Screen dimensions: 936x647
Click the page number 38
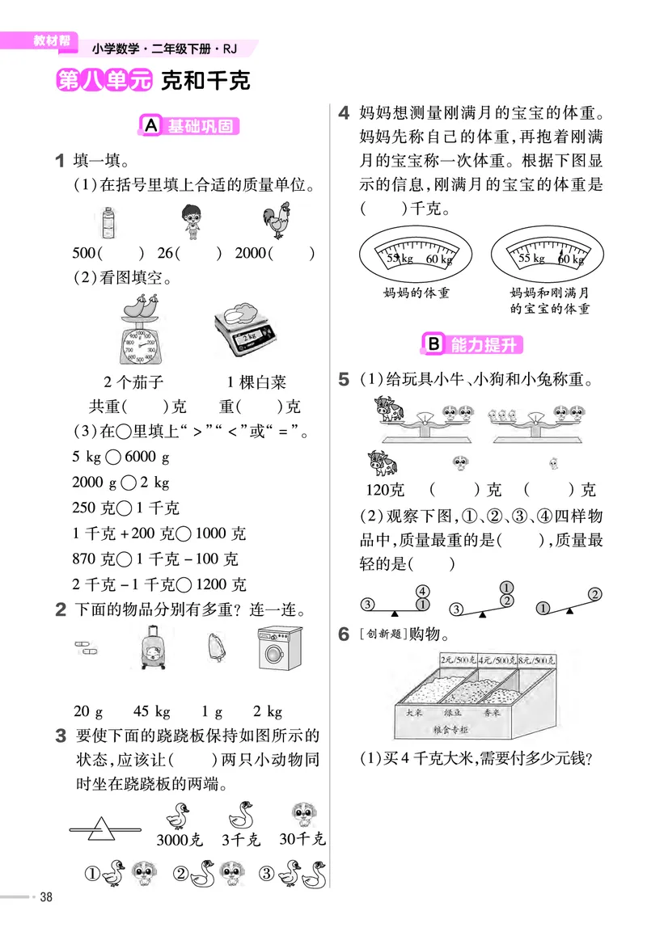pyautogui.click(x=46, y=896)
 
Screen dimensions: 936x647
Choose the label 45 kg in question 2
pyautogui.click(x=152, y=711)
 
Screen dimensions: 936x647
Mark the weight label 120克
pyautogui.click(x=385, y=490)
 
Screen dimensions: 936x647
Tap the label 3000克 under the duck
pyautogui.click(x=179, y=839)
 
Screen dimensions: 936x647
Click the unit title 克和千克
pyautogui.click(x=205, y=81)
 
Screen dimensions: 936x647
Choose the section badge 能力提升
pyautogui.click(x=473, y=345)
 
